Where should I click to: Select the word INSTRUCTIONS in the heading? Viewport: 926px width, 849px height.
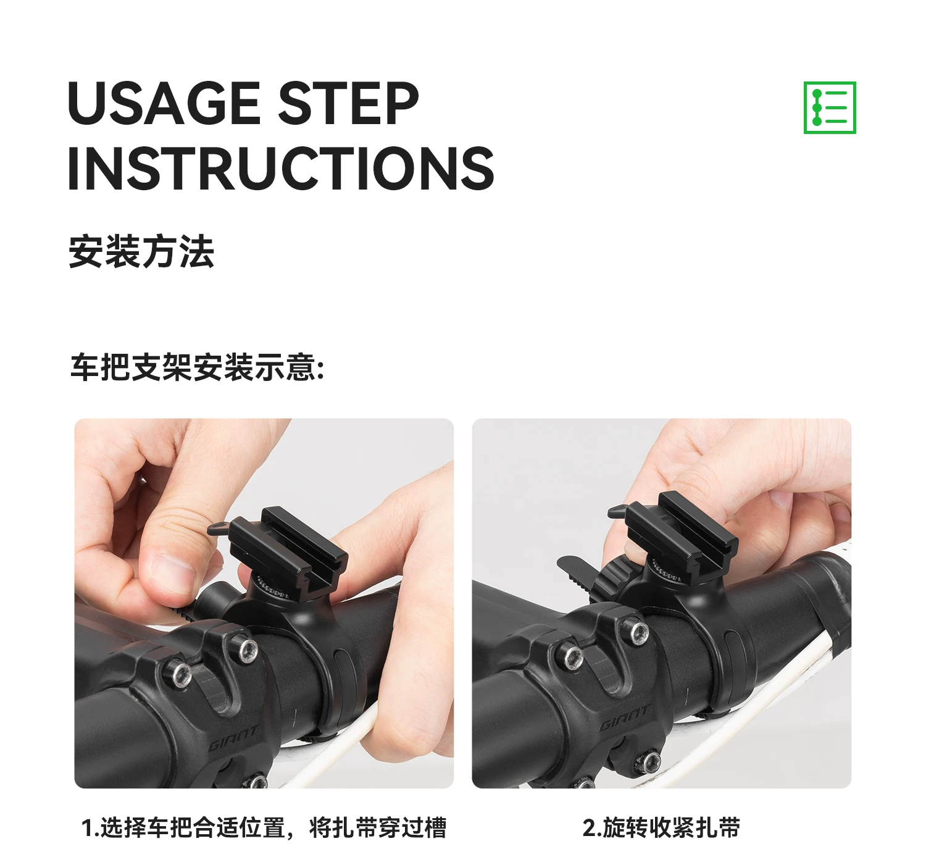281,168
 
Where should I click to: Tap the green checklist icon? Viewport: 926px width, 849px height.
830,107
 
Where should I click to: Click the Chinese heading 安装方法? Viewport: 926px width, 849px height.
142,252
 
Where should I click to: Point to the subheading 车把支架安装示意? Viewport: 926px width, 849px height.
197,367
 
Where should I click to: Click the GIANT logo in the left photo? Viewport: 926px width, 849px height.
233,738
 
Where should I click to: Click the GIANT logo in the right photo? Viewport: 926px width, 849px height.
625,718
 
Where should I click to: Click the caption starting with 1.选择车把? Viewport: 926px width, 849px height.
264,827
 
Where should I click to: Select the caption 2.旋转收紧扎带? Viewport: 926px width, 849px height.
662,827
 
